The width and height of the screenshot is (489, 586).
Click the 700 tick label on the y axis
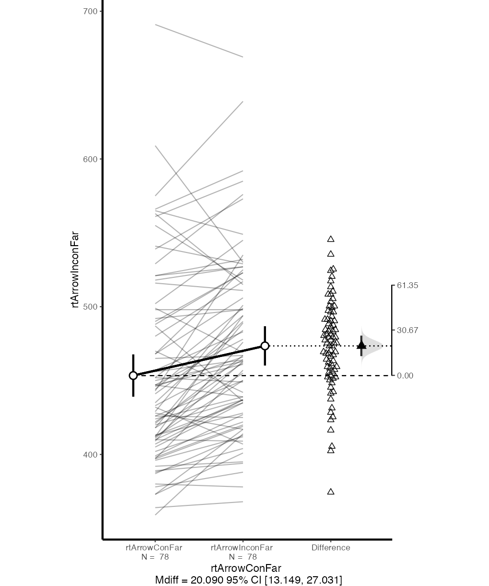90,12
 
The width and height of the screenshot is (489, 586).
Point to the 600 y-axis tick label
90,159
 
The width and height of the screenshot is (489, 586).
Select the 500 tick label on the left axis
90,307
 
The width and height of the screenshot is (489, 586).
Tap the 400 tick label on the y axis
90,454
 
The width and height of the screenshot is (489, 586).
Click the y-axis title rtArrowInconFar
75,270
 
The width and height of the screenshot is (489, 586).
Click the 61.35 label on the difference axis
407,285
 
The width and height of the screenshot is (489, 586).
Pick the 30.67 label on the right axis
407,330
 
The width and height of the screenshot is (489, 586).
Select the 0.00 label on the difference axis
405,376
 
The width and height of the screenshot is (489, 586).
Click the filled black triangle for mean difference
361,345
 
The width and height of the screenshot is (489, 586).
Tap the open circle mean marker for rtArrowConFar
133,376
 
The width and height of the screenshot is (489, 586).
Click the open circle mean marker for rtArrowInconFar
265,346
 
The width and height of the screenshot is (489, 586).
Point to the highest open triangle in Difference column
331,239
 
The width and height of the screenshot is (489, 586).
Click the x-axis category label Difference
331,547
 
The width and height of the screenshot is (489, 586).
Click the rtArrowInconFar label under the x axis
242,547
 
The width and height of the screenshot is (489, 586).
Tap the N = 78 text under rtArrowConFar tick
155,557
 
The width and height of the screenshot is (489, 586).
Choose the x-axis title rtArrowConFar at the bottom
246,568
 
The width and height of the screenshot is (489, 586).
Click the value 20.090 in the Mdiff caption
207,580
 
